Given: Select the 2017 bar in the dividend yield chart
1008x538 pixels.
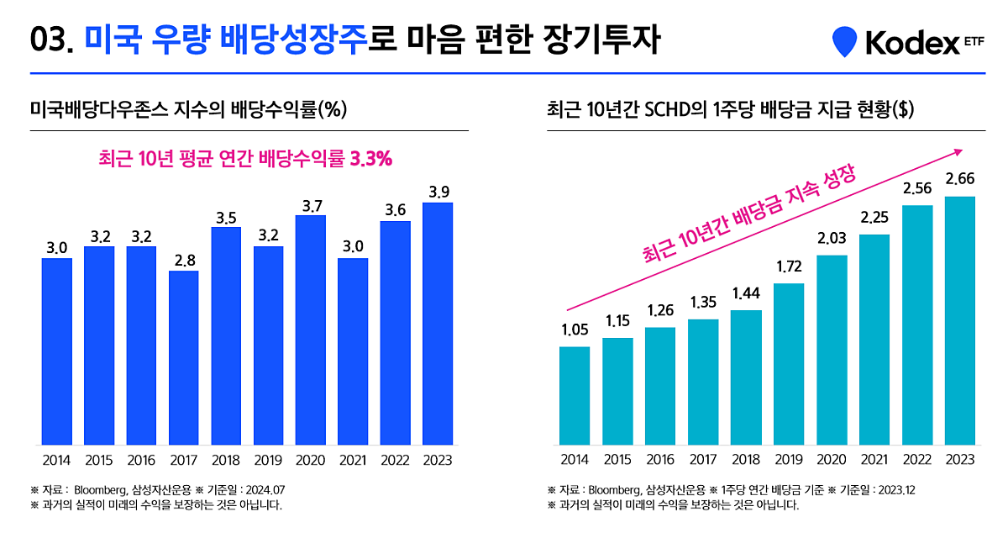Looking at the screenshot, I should click(183, 357).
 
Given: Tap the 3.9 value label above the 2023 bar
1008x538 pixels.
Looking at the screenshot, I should click(438, 192).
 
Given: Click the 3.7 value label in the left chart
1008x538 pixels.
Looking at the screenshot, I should click(311, 204).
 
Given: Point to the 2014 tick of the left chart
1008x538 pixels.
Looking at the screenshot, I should click(56, 460).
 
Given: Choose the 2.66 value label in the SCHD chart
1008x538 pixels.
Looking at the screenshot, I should click(960, 178).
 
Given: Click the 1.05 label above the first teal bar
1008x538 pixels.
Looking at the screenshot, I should click(575, 330).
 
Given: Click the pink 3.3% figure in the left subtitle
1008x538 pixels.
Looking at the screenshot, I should click(370, 159).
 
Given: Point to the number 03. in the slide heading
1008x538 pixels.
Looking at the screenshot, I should click(52, 40).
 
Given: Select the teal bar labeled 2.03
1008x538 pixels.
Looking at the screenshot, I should click(832, 349).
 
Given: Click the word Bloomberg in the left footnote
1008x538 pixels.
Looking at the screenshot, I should click(100, 489).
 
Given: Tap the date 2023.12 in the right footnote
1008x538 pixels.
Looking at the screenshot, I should click(897, 489).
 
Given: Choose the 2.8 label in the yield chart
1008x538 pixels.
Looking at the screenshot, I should click(184, 261).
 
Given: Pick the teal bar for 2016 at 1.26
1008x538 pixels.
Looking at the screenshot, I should click(660, 385).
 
